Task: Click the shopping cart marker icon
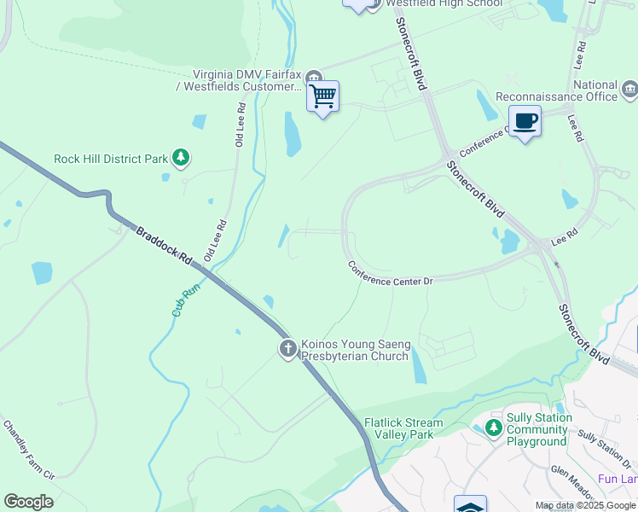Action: click(x=323, y=96)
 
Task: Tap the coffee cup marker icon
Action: click(x=525, y=120)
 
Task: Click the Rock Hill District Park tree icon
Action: click(x=180, y=157)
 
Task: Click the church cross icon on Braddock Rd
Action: click(x=288, y=348)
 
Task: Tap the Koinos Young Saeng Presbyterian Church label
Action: click(x=356, y=351)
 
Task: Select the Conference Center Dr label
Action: click(x=391, y=275)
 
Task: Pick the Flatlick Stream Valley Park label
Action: click(x=403, y=428)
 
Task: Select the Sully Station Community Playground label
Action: click(x=537, y=429)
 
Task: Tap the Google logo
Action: click(x=28, y=502)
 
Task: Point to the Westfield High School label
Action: click(x=432, y=3)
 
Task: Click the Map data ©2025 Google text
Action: click(x=585, y=506)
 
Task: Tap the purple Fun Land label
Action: click(x=617, y=479)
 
